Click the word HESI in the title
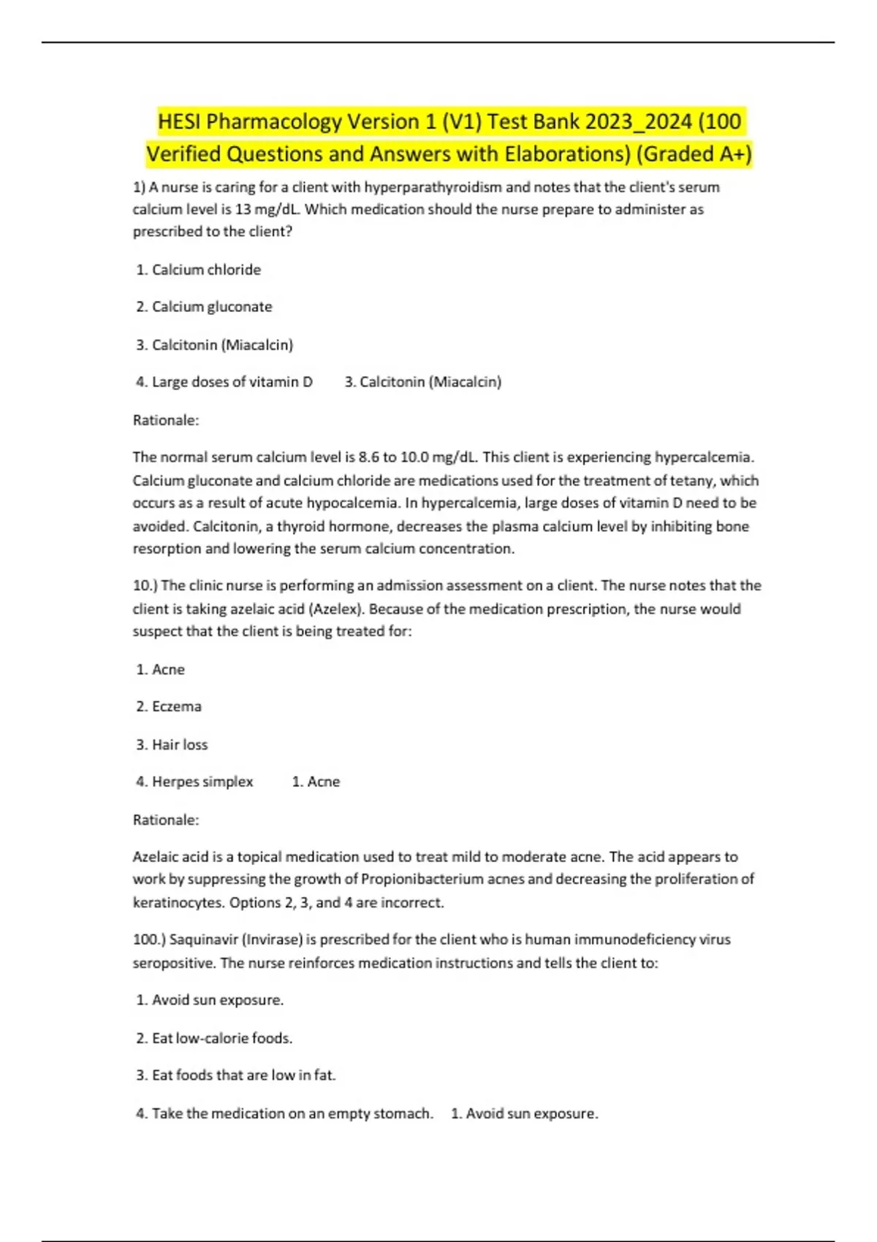180,121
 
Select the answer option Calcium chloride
205,270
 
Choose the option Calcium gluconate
211,307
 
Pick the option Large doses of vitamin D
232,382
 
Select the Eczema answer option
176,706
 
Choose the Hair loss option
180,744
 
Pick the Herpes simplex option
202,782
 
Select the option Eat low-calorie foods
221,1038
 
